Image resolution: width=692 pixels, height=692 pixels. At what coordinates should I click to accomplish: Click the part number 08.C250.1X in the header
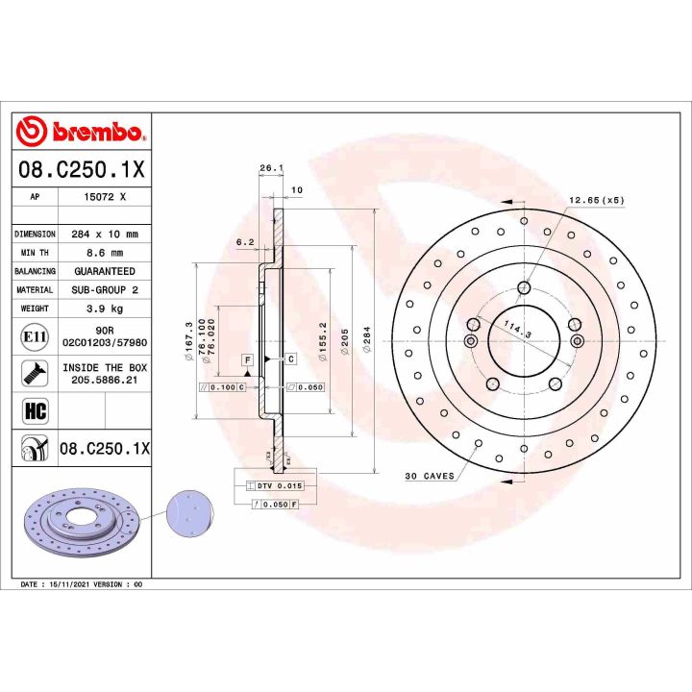(81, 170)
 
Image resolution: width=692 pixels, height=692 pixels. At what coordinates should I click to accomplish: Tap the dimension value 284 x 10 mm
(105, 235)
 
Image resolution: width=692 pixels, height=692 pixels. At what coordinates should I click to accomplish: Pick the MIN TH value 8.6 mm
(105, 253)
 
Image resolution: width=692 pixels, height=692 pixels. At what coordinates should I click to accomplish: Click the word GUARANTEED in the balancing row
(105, 272)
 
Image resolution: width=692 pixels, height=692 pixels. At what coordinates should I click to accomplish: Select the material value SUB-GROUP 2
(105, 290)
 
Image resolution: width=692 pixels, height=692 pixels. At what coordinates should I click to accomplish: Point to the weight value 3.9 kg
(105, 309)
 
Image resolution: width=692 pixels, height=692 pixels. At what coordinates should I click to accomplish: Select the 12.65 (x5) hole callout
(596, 200)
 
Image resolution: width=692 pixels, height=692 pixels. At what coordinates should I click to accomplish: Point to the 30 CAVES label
(430, 477)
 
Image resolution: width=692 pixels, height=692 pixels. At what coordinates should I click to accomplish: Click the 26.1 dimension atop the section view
(270, 168)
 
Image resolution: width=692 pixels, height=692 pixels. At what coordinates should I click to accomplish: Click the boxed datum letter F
(247, 359)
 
